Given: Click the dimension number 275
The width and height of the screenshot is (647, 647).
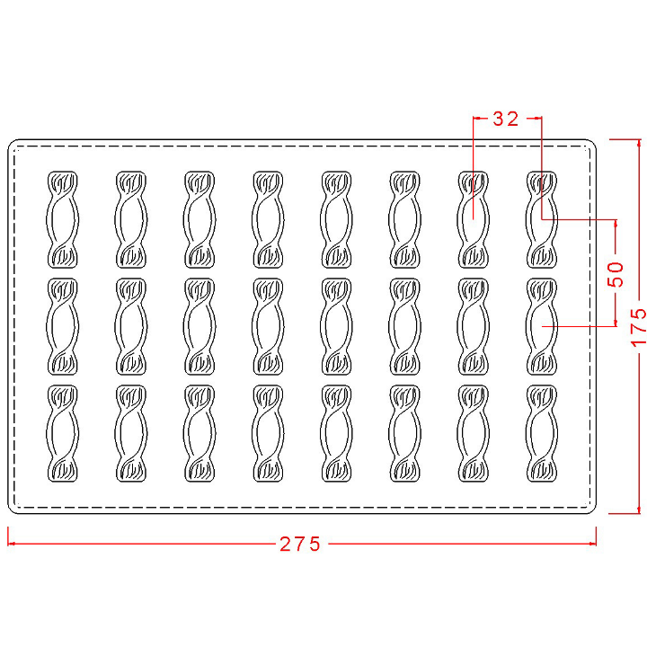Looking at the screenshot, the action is click(x=300, y=544).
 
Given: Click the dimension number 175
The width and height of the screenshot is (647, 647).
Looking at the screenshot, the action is click(x=639, y=326).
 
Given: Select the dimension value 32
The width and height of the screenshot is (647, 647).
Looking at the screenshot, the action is click(x=505, y=119).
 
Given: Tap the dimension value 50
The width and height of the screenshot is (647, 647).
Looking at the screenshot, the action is click(x=616, y=274).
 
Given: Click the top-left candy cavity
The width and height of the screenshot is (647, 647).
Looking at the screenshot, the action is click(x=62, y=219).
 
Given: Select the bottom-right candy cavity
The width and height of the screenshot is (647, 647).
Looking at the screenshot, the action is click(x=542, y=433).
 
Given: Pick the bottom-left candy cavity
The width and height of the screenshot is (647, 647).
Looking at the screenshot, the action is click(x=62, y=433).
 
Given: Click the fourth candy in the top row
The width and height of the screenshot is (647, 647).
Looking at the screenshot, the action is click(x=268, y=219).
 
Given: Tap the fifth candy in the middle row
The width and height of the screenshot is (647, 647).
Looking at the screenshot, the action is click(x=336, y=326).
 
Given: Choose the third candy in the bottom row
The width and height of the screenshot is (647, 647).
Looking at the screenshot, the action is click(x=199, y=433).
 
